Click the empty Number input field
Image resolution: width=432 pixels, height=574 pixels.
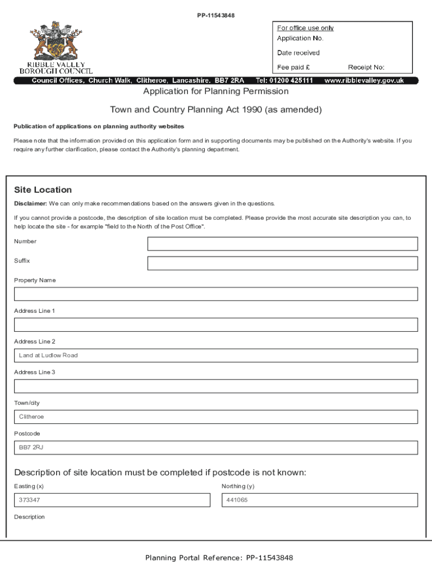282,244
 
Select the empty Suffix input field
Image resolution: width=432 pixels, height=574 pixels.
282,263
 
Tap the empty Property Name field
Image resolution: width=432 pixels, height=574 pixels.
216,294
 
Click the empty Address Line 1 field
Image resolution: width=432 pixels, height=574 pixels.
216,325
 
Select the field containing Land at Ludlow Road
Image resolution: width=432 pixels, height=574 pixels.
216,355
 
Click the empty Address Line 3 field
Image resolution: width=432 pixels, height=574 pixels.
216,386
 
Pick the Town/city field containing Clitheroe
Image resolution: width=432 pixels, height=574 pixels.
216,417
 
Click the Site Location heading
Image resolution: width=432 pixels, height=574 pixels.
43,190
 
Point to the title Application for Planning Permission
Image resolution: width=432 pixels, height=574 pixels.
216,91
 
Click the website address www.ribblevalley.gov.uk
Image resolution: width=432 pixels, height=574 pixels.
364,81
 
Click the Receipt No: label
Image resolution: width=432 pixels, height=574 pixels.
366,67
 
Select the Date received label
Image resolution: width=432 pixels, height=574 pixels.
298,53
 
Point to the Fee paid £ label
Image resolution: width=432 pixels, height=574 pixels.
293,67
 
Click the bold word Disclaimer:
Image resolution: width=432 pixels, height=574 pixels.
30,203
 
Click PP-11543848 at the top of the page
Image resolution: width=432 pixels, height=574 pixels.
215,15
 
